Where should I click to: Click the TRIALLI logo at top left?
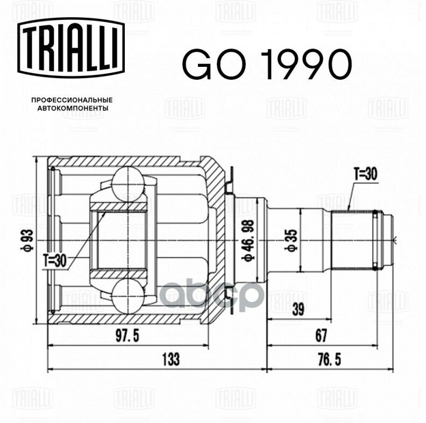click(x=71, y=48)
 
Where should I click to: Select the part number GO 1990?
click(x=267, y=65)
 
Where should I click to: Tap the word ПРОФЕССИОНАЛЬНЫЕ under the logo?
click(x=72, y=100)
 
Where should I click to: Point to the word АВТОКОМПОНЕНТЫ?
click(x=73, y=108)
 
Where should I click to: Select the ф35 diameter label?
click(x=292, y=240)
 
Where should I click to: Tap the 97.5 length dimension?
click(x=127, y=336)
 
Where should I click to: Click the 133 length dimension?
click(x=171, y=359)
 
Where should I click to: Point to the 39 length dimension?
click(x=299, y=309)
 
